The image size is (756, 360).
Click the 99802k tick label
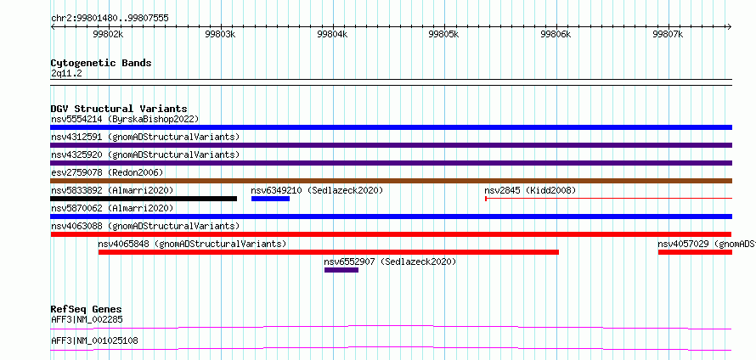pos(109,34)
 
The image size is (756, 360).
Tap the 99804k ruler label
pos(332,34)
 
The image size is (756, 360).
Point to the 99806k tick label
pos(556,34)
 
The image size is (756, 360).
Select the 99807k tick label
pos(668,34)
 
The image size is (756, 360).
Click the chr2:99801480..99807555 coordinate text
pos(110,19)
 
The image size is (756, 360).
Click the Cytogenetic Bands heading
pos(101,63)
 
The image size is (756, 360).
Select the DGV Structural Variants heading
pos(119,109)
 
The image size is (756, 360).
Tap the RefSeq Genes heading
pos(86,309)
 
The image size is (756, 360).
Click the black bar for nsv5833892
pos(144,199)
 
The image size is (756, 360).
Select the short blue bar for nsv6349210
pos(270,199)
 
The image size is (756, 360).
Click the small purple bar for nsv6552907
pos(341,270)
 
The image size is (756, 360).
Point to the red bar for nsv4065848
pos(329,252)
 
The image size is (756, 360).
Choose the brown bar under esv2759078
pos(392,181)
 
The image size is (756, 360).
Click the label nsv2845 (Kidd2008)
pos(530,190)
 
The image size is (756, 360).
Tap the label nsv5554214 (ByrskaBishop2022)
pos(125,119)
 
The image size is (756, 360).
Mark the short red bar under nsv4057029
pos(695,252)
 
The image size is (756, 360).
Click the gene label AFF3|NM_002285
pos(87,319)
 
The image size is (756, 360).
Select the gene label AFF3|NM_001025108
pos(94,340)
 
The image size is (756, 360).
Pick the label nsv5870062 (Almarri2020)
pos(112,208)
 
